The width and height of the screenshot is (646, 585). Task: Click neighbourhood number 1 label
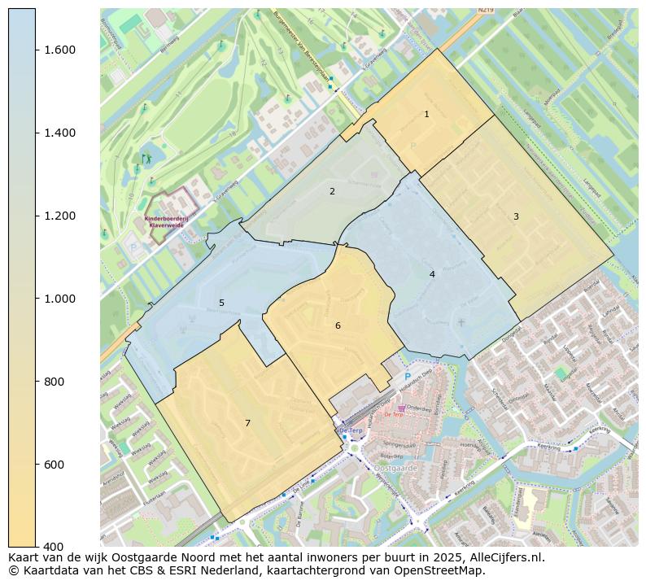point(426,115)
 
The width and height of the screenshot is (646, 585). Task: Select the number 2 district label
point(332,192)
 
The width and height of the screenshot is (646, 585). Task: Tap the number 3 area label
point(516,216)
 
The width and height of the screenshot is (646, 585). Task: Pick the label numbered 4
point(432,274)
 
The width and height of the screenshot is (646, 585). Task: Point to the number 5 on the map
point(221,303)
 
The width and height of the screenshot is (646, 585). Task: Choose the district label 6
point(338,326)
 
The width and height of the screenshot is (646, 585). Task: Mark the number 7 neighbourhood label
point(247,423)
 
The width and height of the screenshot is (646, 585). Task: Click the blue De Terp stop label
point(350,430)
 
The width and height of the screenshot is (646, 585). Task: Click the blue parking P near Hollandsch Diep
point(408,376)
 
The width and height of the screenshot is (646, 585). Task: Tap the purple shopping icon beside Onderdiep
point(401,408)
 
